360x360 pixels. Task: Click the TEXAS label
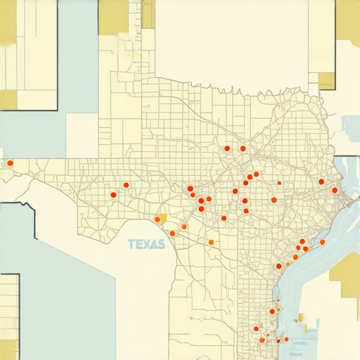[147, 245]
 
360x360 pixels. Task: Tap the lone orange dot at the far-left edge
[10, 163]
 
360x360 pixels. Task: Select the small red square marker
[279, 183]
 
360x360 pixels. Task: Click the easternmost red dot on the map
[335, 190]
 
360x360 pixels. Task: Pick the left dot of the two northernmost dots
[227, 148]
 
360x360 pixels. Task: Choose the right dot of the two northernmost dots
[243, 148]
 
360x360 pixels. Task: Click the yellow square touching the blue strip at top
[112, 17]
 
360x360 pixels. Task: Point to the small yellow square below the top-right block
[327, 80]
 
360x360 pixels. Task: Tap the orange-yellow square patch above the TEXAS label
[162, 218]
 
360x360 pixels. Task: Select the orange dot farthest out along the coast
[322, 242]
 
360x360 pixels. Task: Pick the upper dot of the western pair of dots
[127, 185]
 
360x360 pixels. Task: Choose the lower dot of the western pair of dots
[113, 195]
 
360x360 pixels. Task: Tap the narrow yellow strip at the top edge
[148, 14]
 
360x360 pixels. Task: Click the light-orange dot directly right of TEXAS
[210, 243]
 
